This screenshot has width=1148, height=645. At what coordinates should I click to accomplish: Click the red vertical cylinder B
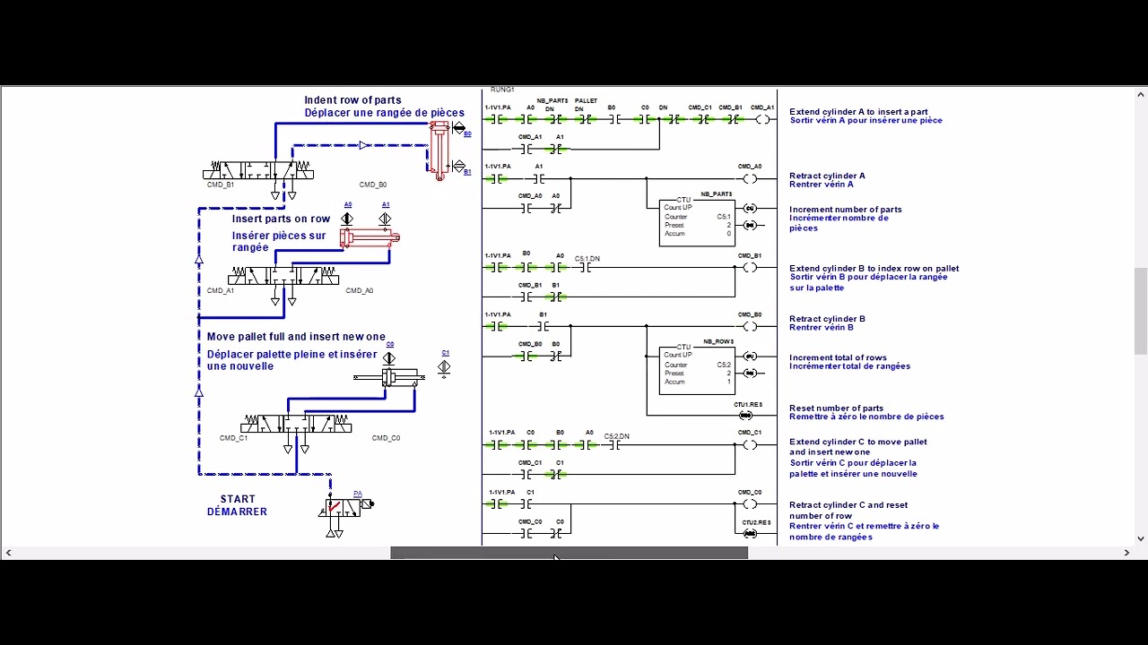pyautogui.click(x=439, y=150)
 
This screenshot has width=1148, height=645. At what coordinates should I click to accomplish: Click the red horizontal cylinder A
pyautogui.click(x=369, y=237)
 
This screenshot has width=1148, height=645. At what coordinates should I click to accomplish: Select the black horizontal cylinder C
pyautogui.click(x=389, y=377)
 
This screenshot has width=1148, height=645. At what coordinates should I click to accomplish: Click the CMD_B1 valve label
pyautogui.click(x=220, y=185)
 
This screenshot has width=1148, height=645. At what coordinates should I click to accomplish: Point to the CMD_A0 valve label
pyautogui.click(x=359, y=291)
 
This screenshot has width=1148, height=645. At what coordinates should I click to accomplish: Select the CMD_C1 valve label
pyautogui.click(x=233, y=439)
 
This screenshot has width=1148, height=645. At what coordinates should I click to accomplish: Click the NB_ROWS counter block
pyautogui.click(x=697, y=370)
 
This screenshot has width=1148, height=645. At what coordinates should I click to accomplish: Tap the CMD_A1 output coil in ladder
pyautogui.click(x=762, y=119)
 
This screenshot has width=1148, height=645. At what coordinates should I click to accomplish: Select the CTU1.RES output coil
pyautogui.click(x=746, y=415)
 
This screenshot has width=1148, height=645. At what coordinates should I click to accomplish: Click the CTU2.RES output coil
pyautogui.click(x=751, y=534)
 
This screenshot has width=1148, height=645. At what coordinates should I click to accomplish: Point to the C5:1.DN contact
pyautogui.click(x=587, y=267)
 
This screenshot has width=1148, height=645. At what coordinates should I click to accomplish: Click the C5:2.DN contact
pyautogui.click(x=617, y=445)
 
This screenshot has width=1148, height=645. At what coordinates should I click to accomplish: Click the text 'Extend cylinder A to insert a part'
pyautogui.click(x=858, y=112)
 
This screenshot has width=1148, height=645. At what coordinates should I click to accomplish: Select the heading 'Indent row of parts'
pyautogui.click(x=352, y=100)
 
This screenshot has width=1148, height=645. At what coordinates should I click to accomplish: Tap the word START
pyautogui.click(x=238, y=499)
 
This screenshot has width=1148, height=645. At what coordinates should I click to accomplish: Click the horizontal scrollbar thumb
pyautogui.click(x=569, y=553)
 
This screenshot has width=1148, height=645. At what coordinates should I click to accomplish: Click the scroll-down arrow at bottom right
pyautogui.click(x=1141, y=538)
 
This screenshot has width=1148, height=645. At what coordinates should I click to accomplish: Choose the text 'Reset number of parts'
pyautogui.click(x=836, y=408)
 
